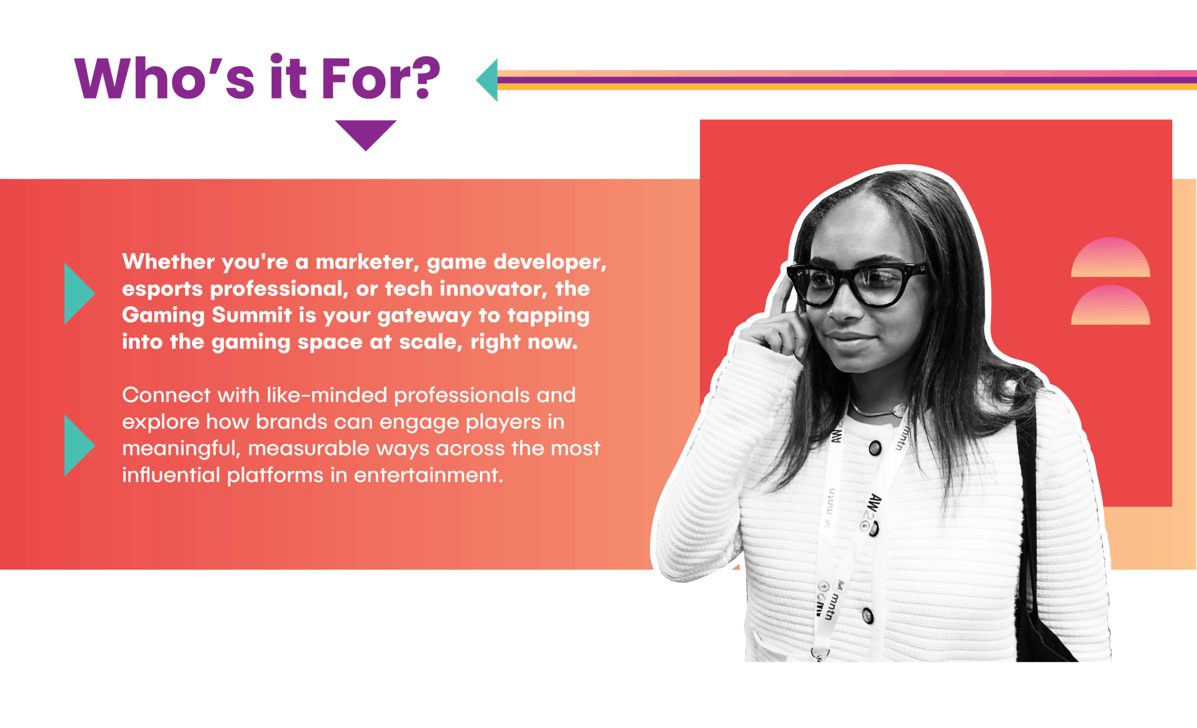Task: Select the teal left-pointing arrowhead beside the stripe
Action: pos(487,80)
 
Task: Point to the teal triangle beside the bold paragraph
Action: pos(79,293)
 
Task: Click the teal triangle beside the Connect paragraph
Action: pos(79,445)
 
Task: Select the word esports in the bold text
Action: pos(162,289)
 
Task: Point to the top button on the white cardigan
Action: pos(875,448)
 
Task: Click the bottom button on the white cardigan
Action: pos(867,615)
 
